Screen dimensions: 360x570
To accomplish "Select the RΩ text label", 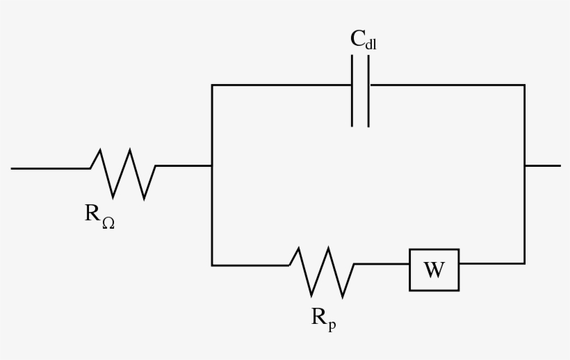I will pyautogui.click(x=99, y=215).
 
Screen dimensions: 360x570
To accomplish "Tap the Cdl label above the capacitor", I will pyautogui.click(x=363, y=40).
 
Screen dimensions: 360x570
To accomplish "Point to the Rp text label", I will pyautogui.click(x=323, y=318).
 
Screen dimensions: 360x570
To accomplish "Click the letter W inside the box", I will pyautogui.click(x=434, y=270).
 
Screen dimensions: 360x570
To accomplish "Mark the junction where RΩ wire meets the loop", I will pyautogui.click(x=212, y=166).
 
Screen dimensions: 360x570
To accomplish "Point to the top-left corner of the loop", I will pyautogui.click(x=212, y=85).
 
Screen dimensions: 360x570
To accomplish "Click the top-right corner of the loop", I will pyautogui.click(x=524, y=85).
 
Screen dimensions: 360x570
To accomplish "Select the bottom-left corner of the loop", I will pyautogui.click(x=212, y=265).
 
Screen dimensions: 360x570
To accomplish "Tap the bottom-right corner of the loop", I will pyautogui.click(x=524, y=263).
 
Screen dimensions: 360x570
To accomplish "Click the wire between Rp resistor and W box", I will pyautogui.click(x=382, y=264).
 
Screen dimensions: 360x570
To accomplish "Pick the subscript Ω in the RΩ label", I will pyautogui.click(x=108, y=222).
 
